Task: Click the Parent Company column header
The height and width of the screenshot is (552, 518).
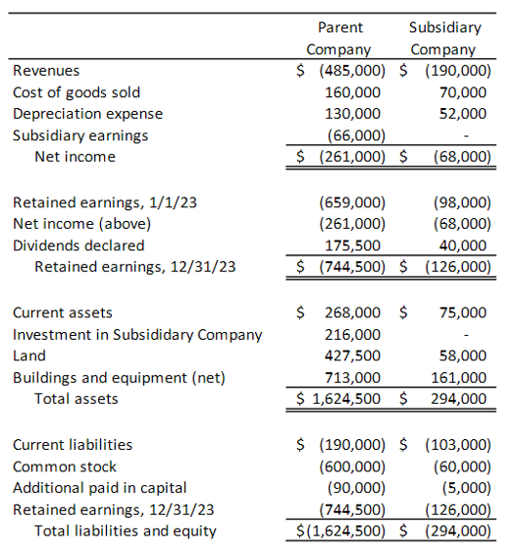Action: [339, 38]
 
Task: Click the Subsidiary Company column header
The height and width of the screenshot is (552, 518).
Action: [444, 38]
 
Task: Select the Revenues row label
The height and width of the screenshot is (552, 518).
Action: [46, 71]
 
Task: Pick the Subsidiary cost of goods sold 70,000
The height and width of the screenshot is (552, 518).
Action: [464, 92]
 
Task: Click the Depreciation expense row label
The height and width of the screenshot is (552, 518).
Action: [87, 114]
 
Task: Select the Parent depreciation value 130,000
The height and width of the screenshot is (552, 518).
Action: [354, 114]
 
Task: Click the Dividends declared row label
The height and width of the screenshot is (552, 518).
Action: [78, 246]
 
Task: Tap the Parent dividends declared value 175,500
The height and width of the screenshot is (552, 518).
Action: [354, 246]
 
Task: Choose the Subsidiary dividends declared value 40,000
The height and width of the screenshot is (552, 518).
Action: [464, 246]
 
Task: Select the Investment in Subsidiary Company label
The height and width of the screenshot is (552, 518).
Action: [137, 335]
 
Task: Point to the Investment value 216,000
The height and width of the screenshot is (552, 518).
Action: [354, 335]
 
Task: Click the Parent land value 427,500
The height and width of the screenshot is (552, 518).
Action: [354, 357]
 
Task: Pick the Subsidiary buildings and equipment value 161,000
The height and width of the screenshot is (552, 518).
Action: [460, 378]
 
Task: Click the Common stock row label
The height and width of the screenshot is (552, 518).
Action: [65, 467]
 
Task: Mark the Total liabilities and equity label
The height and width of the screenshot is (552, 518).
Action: [126, 531]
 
